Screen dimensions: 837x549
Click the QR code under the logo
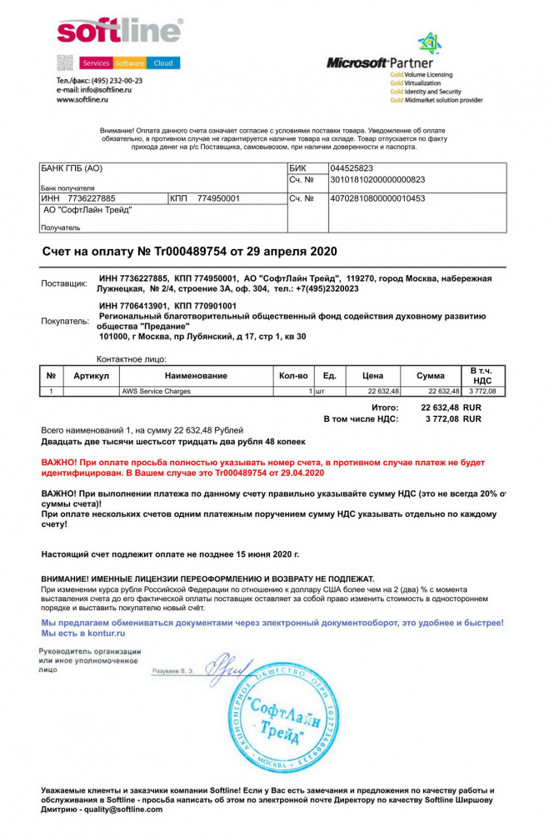(66, 63)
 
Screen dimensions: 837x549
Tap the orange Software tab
(129, 63)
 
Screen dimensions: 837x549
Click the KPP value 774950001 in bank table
(219, 198)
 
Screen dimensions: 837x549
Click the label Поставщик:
(64, 284)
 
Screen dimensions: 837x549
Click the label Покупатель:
(64, 320)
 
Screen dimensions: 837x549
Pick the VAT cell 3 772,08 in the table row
(482, 391)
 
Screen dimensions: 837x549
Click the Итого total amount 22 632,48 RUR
(451, 407)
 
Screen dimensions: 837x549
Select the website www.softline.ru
(82, 99)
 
